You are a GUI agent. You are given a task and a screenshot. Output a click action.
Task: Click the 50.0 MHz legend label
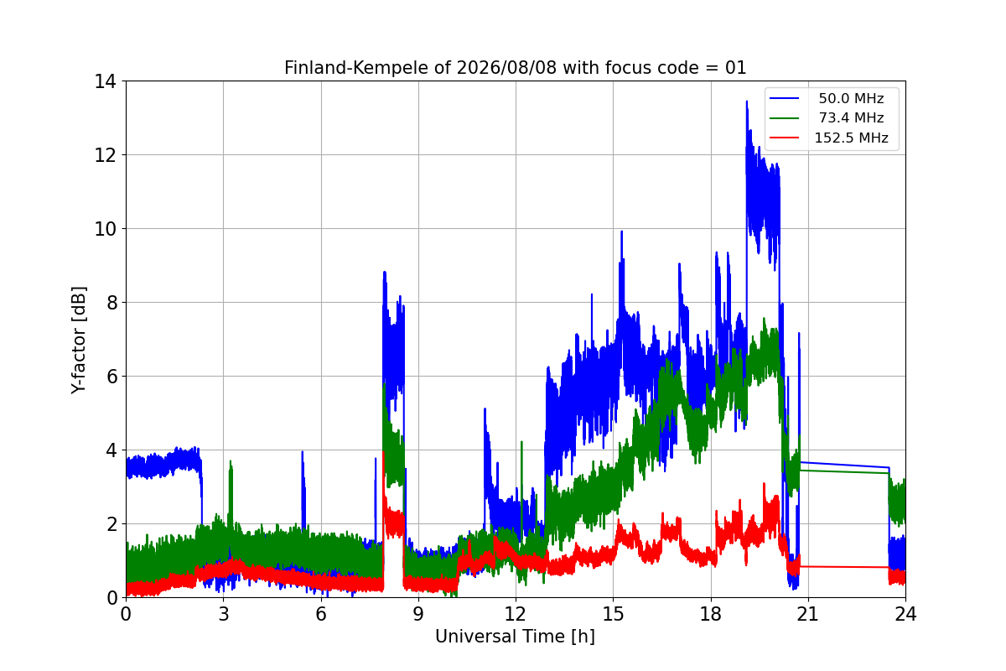(851, 98)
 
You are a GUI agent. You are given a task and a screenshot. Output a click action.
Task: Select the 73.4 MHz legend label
(851, 117)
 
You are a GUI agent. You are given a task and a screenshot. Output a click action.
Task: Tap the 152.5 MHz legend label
(851, 138)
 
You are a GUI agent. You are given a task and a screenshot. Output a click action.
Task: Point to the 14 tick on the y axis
(105, 81)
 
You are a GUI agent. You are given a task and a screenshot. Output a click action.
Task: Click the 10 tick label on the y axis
(105, 229)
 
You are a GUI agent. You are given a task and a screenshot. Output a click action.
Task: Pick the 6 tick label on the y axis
(111, 376)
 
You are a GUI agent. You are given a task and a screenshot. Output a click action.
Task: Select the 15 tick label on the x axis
(613, 613)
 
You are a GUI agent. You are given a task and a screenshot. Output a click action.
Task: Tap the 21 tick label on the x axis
(808, 613)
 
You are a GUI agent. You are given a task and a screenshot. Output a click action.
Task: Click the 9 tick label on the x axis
(418, 613)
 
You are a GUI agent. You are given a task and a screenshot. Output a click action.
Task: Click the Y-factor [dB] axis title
(78, 340)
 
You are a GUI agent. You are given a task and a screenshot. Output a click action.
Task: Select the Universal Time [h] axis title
(515, 637)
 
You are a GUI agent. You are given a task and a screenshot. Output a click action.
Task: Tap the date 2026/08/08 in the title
(506, 68)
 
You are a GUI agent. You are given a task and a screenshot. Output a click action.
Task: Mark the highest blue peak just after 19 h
(747, 102)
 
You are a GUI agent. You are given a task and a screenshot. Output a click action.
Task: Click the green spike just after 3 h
(231, 463)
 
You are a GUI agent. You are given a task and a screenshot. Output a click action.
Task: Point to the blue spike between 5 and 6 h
(303, 453)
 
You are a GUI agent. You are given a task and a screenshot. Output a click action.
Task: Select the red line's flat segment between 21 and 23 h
(844, 567)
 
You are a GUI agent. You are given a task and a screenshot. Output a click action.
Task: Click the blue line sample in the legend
(784, 98)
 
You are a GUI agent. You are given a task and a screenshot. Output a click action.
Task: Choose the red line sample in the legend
(784, 138)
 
